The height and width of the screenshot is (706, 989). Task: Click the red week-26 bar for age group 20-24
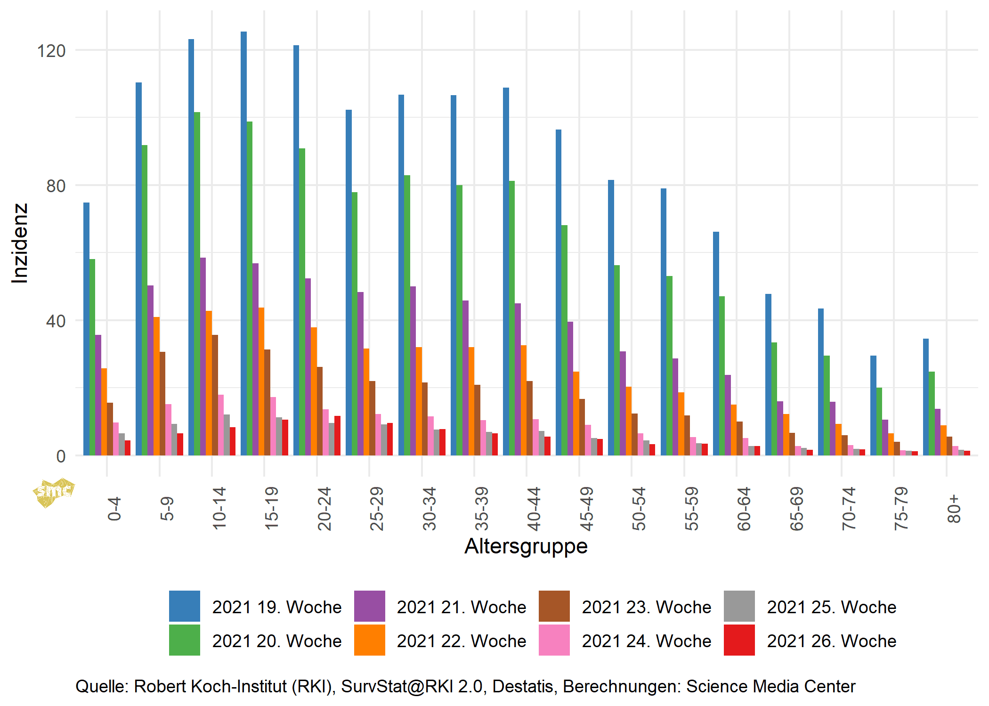[337, 436]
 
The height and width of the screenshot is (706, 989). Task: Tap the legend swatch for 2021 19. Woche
[184, 606]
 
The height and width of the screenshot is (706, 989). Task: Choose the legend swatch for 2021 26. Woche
[739, 640]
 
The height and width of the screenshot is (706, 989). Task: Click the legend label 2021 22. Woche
[461, 641]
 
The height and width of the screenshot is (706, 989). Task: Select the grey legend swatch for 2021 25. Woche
[739, 606]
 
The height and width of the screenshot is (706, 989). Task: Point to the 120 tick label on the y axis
[51, 50]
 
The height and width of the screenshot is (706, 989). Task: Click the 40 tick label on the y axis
[56, 321]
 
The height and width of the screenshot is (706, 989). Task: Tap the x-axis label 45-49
[586, 509]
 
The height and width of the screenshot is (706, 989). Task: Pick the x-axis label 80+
[953, 509]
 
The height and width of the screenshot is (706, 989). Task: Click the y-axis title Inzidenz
[20, 243]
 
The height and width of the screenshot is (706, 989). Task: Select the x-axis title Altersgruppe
[526, 546]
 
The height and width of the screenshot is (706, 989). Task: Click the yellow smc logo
[53, 493]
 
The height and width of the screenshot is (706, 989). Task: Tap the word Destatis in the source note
[522, 686]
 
